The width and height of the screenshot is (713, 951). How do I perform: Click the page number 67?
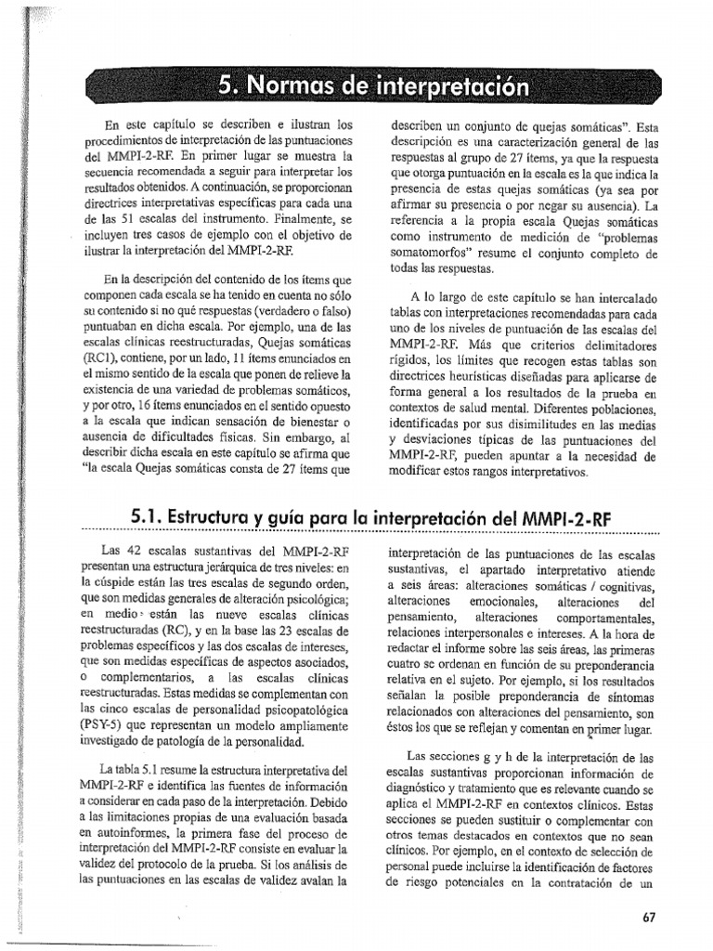(x=649, y=918)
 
